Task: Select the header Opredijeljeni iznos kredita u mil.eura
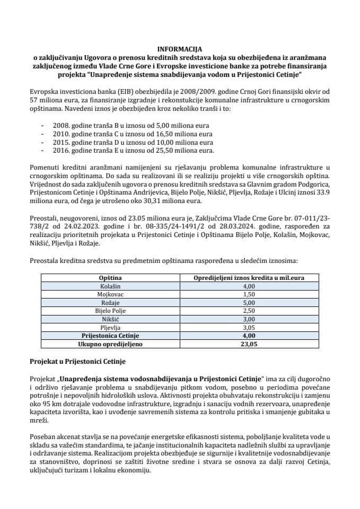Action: [x=249, y=277]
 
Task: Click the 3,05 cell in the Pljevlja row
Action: [x=249, y=328]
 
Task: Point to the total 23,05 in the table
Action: [x=249, y=344]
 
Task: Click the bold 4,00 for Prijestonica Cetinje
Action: [x=249, y=336]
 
